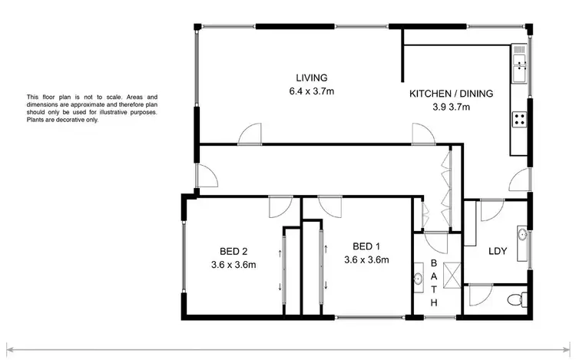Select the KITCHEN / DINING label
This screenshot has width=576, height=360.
pyautogui.click(x=450, y=94)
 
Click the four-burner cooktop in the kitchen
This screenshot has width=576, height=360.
pyautogui.click(x=519, y=119)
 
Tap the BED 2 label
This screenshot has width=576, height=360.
pyautogui.click(x=232, y=251)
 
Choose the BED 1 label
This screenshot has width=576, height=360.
pyautogui.click(x=366, y=246)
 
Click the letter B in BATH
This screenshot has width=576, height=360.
pyautogui.click(x=433, y=263)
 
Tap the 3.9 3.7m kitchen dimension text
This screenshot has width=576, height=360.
pyautogui.click(x=451, y=107)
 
